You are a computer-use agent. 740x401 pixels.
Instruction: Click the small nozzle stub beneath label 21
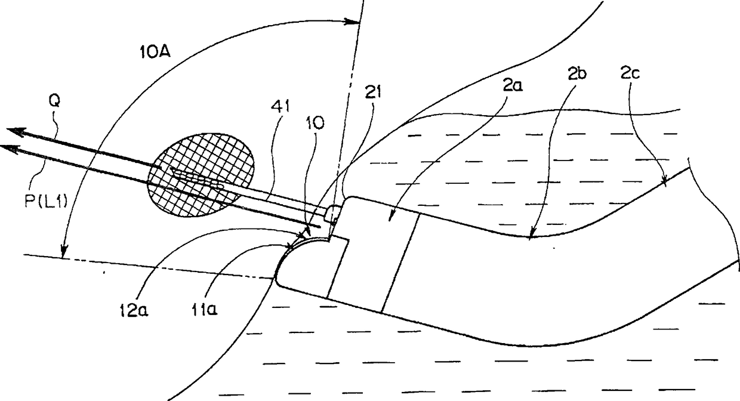point(335,212)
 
